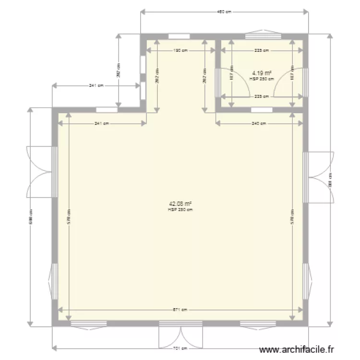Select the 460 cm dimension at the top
click(x=224, y=12)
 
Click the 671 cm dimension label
click(x=180, y=310)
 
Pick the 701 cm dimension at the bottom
click(x=180, y=348)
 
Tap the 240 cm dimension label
click(x=259, y=123)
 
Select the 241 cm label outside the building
click(x=96, y=86)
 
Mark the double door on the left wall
click(x=39, y=171)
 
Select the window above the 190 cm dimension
click(x=179, y=36)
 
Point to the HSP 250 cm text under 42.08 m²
click(x=180, y=209)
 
